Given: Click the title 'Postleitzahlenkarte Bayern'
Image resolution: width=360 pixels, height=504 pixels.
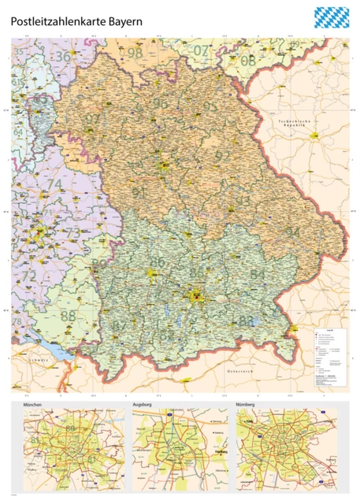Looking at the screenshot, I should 76,23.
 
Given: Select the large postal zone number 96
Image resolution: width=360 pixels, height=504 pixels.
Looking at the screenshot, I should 161,103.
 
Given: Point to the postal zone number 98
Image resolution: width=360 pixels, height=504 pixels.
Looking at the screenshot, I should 135,54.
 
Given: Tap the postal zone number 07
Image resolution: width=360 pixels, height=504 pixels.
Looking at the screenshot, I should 202,51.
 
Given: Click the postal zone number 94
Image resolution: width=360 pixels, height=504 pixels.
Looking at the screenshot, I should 292,232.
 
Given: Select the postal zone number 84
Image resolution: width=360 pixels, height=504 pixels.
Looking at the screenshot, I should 257,273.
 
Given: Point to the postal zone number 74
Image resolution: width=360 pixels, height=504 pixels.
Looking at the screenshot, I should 54,185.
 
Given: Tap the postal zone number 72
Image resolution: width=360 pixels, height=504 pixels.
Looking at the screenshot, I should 28,276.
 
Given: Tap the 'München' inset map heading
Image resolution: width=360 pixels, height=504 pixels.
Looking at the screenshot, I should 38,406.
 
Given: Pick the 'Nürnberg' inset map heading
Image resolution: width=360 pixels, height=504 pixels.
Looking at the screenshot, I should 250,406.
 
